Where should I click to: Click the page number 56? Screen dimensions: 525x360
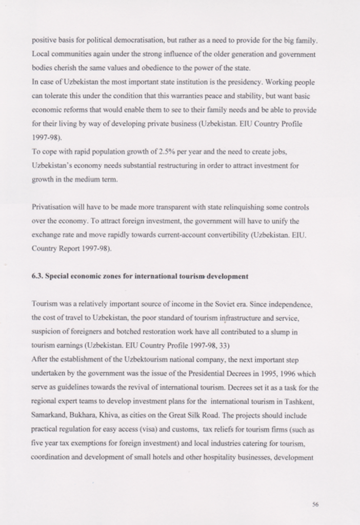click(x=315, y=504)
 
